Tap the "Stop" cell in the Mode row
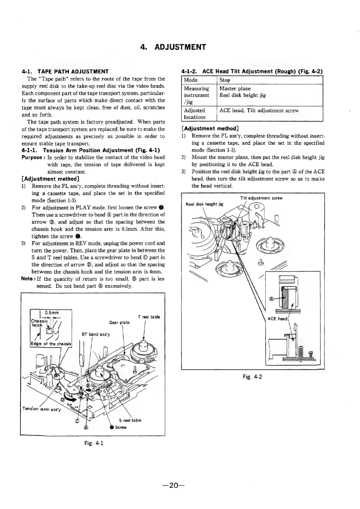coord(225,80)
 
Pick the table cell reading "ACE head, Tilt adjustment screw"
coord(259,110)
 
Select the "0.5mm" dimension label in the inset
coord(52,313)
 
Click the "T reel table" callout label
coord(149,317)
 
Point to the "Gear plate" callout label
coord(119,322)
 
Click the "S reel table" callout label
coord(130,420)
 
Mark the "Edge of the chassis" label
coord(51,344)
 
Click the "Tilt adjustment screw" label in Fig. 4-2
coord(261,198)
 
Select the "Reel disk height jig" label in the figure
coord(205,204)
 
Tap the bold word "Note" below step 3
coord(28,279)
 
